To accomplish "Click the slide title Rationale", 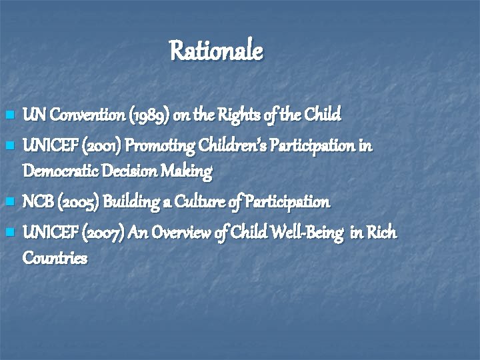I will pos(216,51).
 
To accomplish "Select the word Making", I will pos(189,172).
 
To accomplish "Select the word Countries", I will pos(55,258).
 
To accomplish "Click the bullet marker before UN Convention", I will pos(9,117).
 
